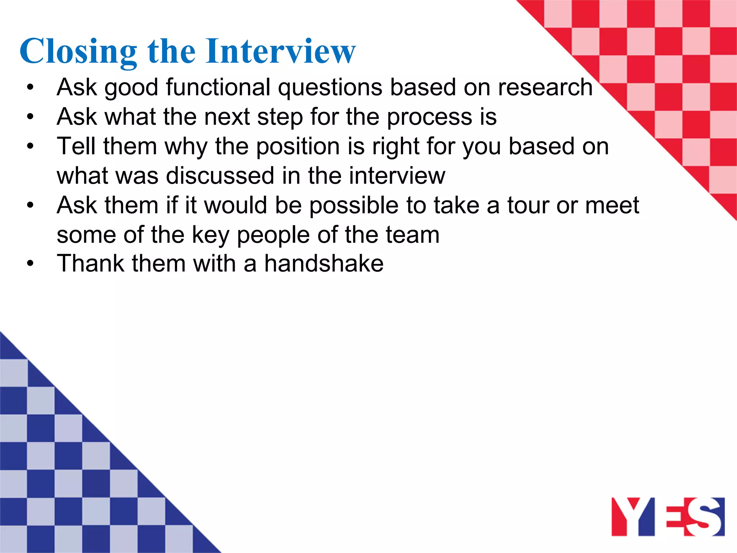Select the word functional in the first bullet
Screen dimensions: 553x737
(x=218, y=87)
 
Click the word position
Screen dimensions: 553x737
(x=298, y=147)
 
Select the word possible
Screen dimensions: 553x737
(x=354, y=205)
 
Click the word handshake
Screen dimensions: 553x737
(x=324, y=264)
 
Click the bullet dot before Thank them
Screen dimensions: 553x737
(x=30, y=264)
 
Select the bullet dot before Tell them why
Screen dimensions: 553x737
(x=30, y=147)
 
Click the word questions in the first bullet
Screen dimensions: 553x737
(x=330, y=87)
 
